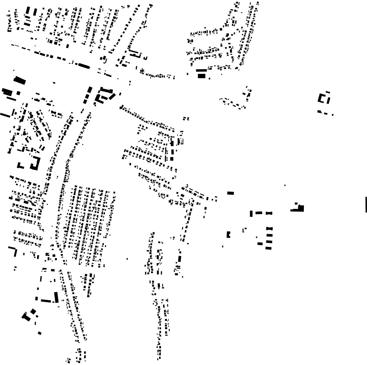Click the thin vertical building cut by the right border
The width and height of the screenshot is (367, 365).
click(366, 204)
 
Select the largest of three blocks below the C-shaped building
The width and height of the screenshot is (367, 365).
click(320, 111)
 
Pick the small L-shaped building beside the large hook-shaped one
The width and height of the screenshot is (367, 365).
click(20, 166)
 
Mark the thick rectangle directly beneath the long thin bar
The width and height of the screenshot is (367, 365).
click(201, 76)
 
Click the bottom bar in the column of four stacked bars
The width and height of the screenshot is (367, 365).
click(269, 248)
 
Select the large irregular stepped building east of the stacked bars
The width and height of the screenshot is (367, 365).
click(298, 208)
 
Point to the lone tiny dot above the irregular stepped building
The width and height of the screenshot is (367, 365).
click(285, 185)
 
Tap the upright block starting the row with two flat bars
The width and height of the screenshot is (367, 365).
click(251, 214)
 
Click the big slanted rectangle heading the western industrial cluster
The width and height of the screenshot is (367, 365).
click(19, 81)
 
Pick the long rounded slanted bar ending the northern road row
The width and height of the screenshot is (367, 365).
click(84, 66)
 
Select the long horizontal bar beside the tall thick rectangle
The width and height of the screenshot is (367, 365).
click(46, 301)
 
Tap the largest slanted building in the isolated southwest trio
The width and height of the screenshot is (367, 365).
click(26, 316)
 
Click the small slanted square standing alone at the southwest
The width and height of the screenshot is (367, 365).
click(39, 333)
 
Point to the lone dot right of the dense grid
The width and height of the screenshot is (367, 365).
click(127, 259)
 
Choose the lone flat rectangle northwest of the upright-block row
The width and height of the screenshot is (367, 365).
click(230, 193)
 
